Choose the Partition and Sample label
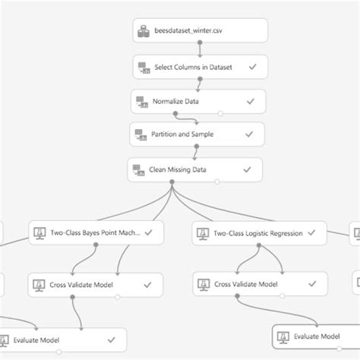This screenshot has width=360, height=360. (x=186, y=134)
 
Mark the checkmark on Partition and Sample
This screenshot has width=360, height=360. (x=248, y=134)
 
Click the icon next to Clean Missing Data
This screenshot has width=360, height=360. (x=137, y=169)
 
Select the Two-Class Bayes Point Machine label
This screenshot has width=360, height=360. (x=97, y=233)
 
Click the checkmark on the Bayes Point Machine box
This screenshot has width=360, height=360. (x=149, y=233)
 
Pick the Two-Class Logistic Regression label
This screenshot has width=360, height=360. (x=258, y=233)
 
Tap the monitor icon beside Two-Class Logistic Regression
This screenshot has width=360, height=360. (x=201, y=233)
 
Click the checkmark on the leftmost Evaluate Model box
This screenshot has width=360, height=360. (x=112, y=339)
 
